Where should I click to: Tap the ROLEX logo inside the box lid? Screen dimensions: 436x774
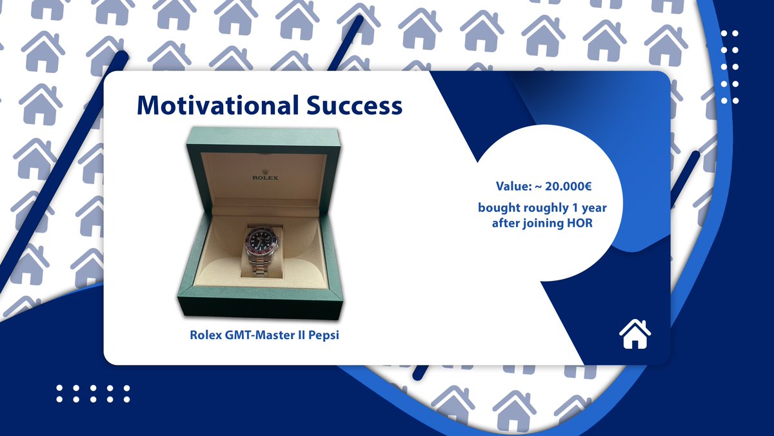tap(265, 176)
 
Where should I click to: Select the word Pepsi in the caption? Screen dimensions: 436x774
tap(324, 336)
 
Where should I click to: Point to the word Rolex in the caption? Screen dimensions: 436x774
tap(204, 336)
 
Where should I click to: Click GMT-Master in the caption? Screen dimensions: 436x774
tap(259, 336)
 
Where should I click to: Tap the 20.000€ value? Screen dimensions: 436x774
tap(568, 186)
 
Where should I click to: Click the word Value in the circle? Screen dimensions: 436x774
tap(513, 186)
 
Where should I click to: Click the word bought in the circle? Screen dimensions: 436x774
tap(498, 208)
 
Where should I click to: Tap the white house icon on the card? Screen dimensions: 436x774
tap(635, 334)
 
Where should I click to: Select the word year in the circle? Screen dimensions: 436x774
tap(595, 208)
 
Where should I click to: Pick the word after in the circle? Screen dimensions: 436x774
tap(507, 223)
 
